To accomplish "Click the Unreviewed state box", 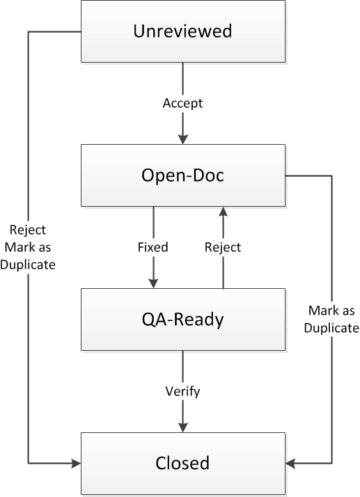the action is click(183, 31).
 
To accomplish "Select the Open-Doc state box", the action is click(183, 175).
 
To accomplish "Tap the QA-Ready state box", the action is click(183, 319).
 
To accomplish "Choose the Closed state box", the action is click(183, 463).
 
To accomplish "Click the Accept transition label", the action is click(182, 103).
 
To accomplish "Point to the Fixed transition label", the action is click(153, 247).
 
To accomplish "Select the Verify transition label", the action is click(182, 391).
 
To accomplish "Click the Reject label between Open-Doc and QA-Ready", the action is click(223, 247).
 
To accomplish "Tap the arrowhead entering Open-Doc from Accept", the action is click(183, 139).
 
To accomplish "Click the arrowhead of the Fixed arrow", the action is click(153, 283).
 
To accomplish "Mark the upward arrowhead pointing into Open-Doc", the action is click(224, 212).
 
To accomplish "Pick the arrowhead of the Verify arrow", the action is click(183, 427).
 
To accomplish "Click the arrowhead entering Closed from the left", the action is click(76, 464).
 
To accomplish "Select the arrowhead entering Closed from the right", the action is click(290, 464).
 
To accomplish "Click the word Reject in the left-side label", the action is click(28, 230).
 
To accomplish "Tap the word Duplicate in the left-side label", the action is click(28, 265).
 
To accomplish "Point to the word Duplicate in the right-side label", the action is click(331, 328).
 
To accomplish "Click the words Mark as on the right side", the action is click(331, 310).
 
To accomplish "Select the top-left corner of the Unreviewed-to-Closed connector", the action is click(29, 32).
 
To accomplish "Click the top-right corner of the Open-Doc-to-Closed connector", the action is click(331, 175).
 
